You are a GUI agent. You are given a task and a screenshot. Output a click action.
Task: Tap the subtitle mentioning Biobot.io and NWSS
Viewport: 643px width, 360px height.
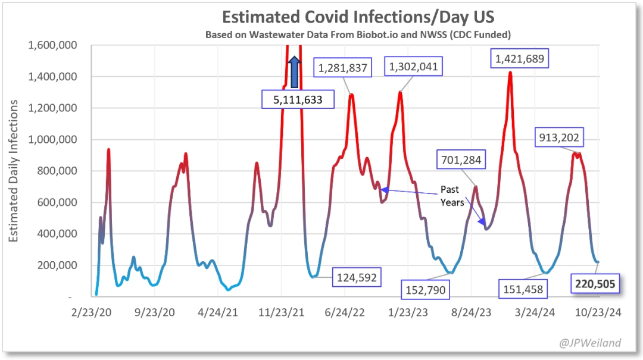pos(358,35)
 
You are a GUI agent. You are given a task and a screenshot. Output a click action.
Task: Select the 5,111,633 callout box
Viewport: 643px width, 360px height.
pos(298,99)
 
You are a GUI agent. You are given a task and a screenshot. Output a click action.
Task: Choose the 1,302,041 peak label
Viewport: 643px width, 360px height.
pos(413,67)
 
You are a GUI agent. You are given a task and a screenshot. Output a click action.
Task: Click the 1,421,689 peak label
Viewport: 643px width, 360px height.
pos(519,59)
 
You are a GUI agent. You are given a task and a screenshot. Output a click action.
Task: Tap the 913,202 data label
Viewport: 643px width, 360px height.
pos(558,138)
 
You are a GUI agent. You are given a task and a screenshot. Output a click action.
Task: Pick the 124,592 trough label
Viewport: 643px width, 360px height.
pos(355,277)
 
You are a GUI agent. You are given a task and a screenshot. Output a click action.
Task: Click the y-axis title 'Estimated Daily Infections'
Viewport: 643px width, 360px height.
pos(13,171)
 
